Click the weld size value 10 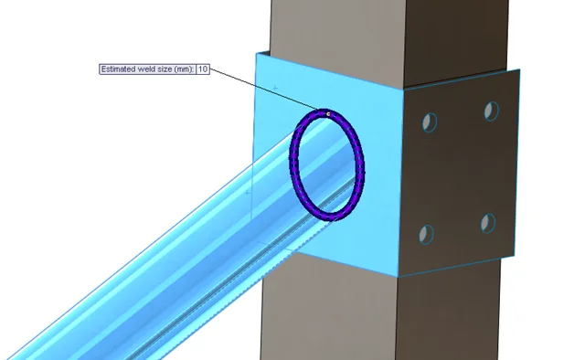pos(203,69)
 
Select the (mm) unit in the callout pos(184,69)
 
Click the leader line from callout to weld pos(265,90)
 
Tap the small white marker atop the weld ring pos(327,114)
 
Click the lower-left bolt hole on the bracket pos(427,233)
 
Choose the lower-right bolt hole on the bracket pos(488,222)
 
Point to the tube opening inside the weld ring pos(326,164)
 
